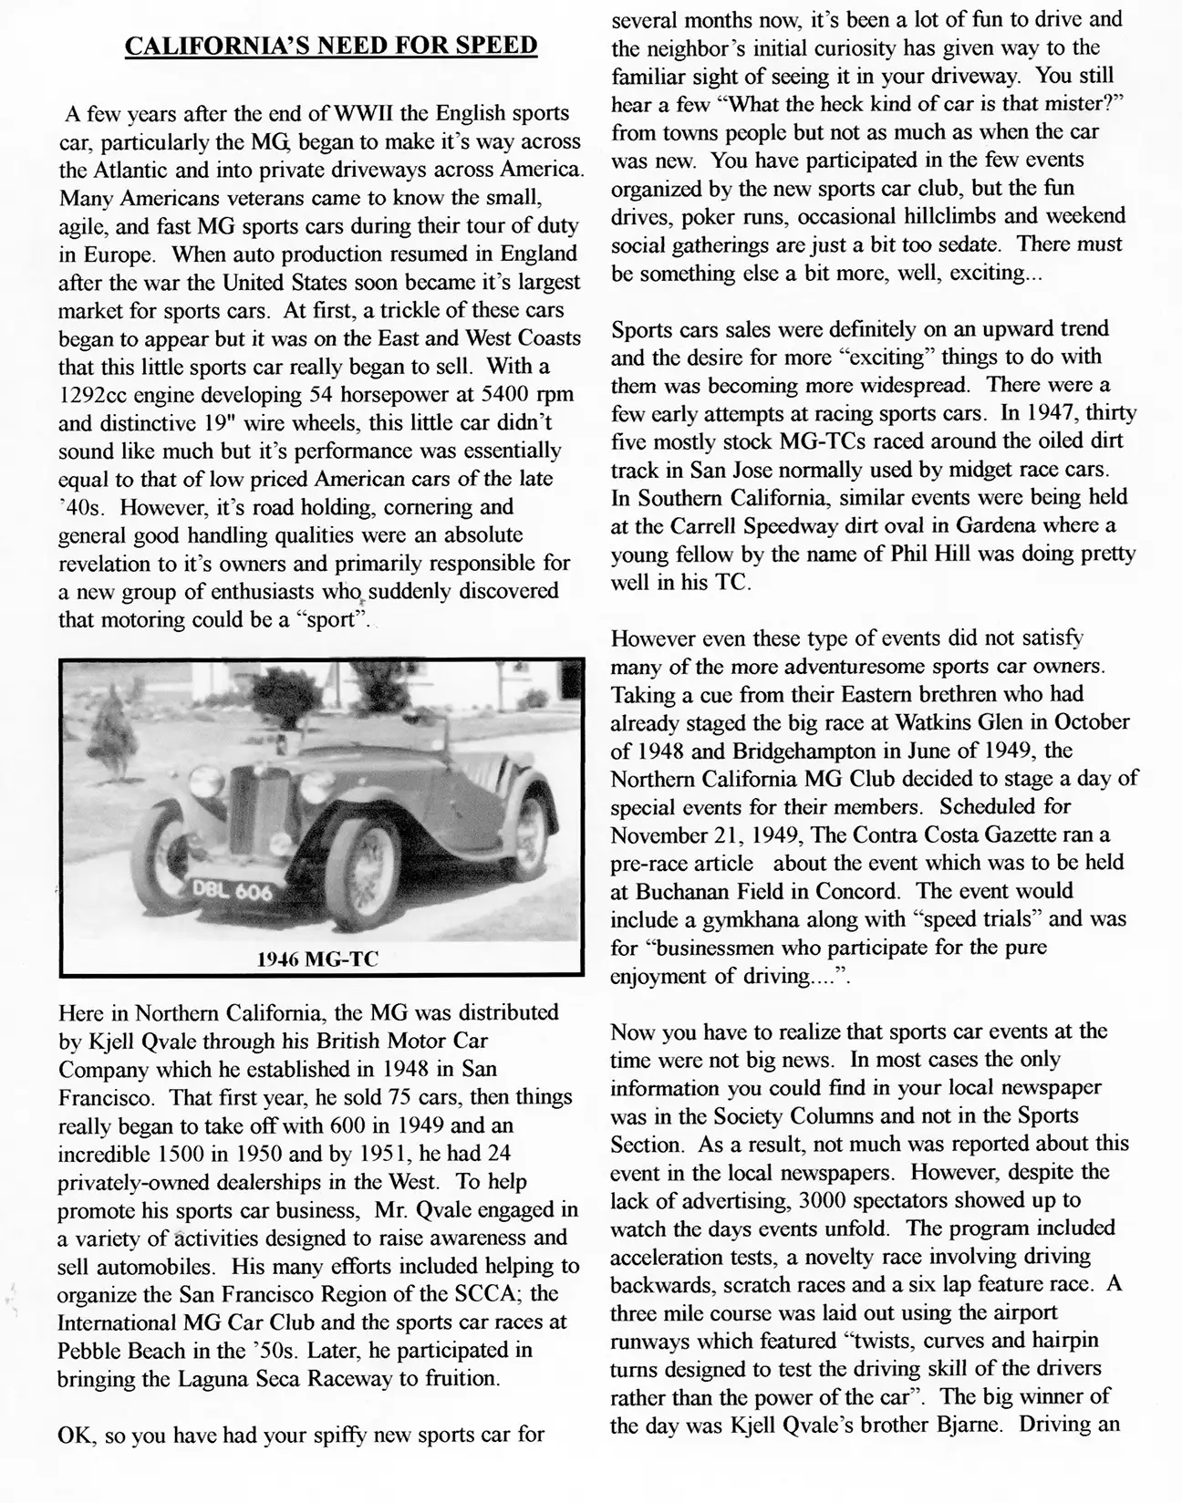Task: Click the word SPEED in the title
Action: pos(492,46)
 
